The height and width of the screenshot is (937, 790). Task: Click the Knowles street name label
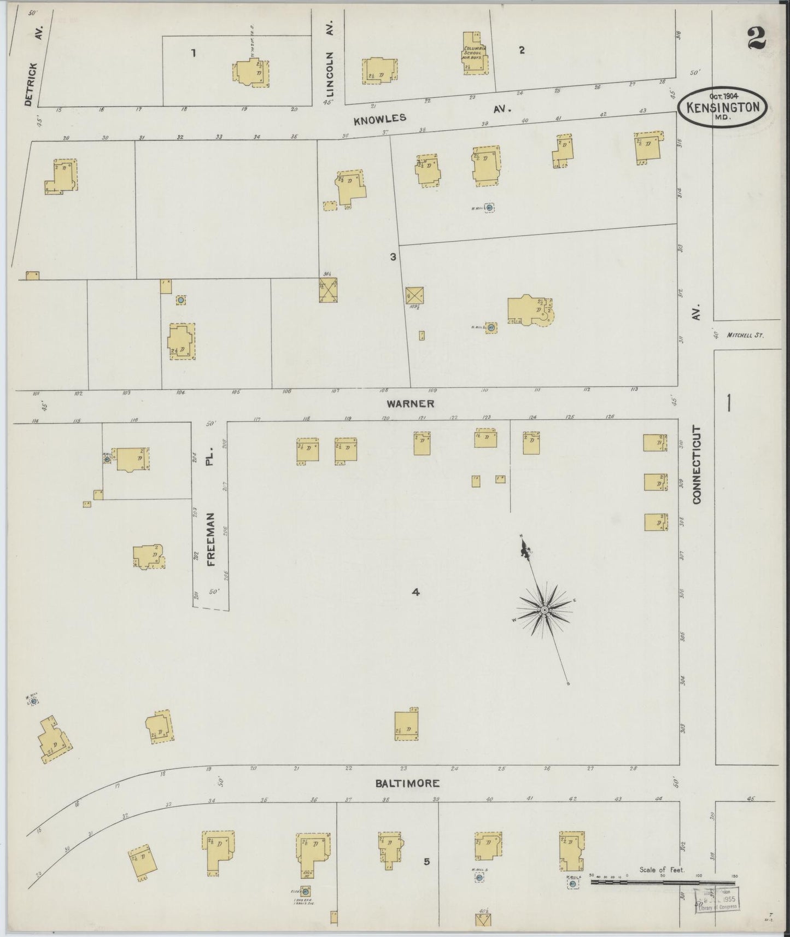tap(380, 118)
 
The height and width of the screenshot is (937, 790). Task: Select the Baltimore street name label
tap(407, 783)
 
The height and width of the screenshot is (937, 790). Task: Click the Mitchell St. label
tap(745, 336)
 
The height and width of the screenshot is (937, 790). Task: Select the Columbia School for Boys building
tap(473, 53)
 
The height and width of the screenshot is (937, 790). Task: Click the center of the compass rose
tap(545, 610)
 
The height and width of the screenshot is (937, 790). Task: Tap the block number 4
tap(416, 592)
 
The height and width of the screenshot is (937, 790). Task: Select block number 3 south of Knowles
tap(393, 256)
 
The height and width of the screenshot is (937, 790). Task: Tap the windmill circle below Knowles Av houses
tap(489, 208)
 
